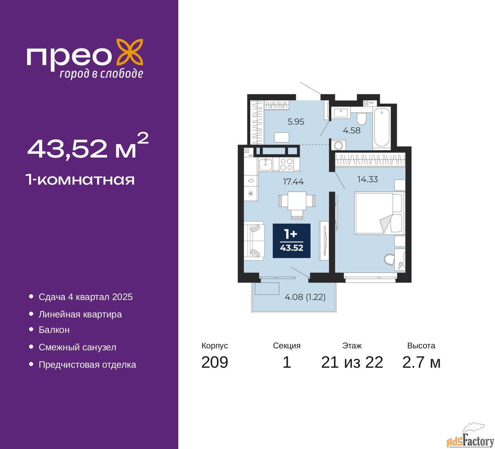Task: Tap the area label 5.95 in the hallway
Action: pos(296,122)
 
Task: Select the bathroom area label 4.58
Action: pos(352,130)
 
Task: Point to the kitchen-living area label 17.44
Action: pos(294,182)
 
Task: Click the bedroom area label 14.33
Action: pos(367,179)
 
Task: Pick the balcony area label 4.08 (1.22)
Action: pos(305,297)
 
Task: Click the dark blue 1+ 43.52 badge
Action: pos(292,241)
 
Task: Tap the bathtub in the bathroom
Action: pos(381,128)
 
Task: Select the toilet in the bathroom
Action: pos(361,117)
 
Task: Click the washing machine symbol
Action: pos(338,146)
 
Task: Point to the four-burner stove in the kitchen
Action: pos(286,165)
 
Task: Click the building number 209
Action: pos(215,362)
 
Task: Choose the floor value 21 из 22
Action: pos(352,362)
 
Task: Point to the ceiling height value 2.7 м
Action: pos(421,362)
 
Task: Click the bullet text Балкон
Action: pos(54,330)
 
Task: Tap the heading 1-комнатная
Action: pos(80,180)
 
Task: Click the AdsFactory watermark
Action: pos(470,440)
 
